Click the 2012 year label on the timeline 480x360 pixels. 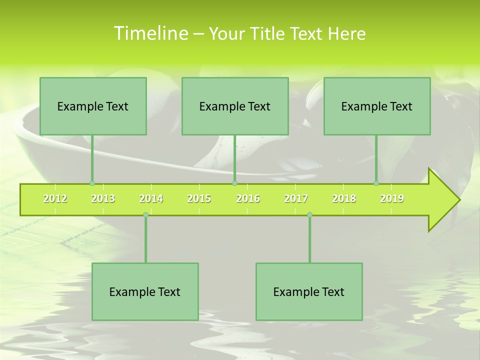(x=55, y=198)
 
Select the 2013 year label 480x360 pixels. (x=103, y=198)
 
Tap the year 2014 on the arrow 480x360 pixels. (x=151, y=198)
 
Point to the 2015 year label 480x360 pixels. (x=199, y=198)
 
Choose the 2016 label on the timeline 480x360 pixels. (x=248, y=198)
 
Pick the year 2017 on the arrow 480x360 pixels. (x=296, y=198)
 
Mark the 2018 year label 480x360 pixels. (x=344, y=198)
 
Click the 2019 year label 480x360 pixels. (x=392, y=198)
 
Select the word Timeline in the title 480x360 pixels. (x=150, y=33)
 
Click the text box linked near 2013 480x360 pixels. (x=93, y=106)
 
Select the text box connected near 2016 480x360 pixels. (x=235, y=106)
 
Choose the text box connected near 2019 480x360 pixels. (x=377, y=106)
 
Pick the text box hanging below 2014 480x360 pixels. (x=145, y=291)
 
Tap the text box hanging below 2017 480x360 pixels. (x=309, y=291)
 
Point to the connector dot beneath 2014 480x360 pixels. (x=145, y=214)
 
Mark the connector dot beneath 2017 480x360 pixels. (x=309, y=214)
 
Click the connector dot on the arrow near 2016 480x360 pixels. (x=234, y=183)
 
